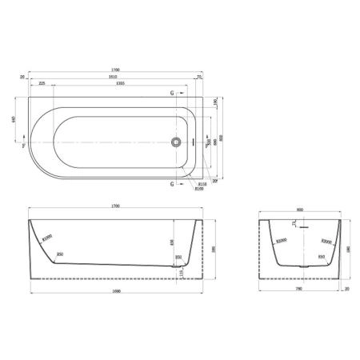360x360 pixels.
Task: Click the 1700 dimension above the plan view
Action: [x=116, y=70]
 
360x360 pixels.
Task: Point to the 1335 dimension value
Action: [x=120, y=83]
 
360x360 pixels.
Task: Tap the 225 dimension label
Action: [x=40, y=83]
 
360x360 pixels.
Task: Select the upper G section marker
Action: [x=171, y=94]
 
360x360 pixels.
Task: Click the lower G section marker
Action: [x=171, y=184]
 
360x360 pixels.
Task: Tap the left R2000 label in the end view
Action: [x=281, y=240]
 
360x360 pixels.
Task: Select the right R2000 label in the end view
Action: [x=326, y=240]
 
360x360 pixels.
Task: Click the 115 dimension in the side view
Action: [x=182, y=273]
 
